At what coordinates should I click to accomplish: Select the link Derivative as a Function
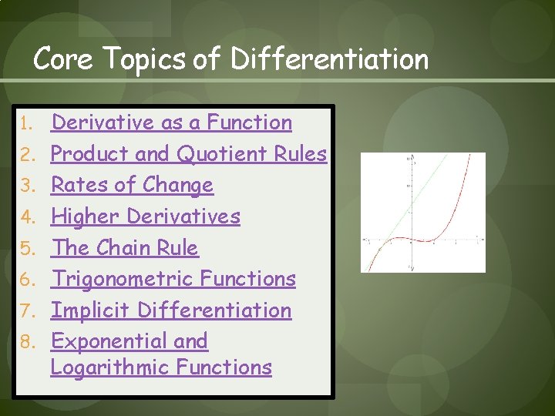(171, 122)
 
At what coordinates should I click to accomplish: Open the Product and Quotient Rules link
(189, 154)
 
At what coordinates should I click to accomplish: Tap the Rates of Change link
(132, 185)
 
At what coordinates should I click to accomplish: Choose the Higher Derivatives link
(146, 216)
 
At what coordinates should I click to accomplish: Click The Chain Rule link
(124, 248)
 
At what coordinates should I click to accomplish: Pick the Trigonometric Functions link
(173, 279)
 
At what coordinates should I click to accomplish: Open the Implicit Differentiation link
(171, 310)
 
